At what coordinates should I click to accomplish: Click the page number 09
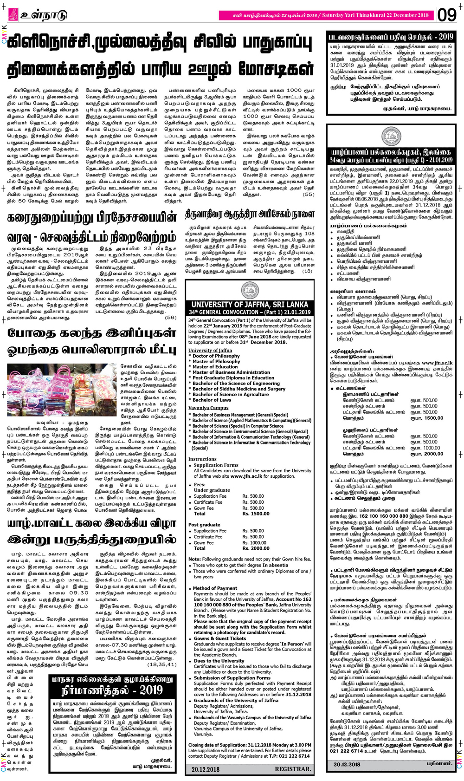click(x=447, y=15)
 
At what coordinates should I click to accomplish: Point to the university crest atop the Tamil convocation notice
click(x=391, y=137)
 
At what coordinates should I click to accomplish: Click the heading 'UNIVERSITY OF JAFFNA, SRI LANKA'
click(x=250, y=305)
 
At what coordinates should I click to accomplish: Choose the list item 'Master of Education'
click(x=215, y=367)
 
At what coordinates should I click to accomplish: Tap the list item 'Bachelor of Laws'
click(x=212, y=400)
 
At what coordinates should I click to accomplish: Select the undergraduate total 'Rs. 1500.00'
click(x=254, y=514)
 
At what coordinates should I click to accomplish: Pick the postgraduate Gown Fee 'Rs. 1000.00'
click(x=254, y=542)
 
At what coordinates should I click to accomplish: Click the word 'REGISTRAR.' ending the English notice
click(x=292, y=769)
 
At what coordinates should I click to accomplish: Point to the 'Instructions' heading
click(x=202, y=459)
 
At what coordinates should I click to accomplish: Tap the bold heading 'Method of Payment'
click(x=215, y=588)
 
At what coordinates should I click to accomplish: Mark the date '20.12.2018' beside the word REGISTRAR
click(x=206, y=769)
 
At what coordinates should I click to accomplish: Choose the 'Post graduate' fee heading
click(x=201, y=525)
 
